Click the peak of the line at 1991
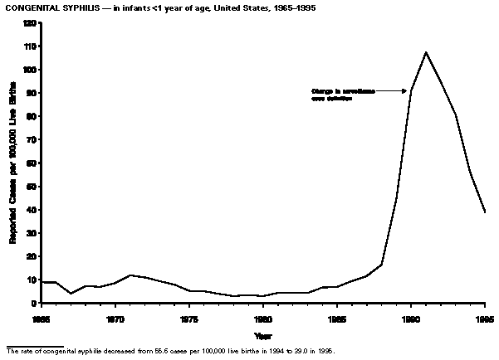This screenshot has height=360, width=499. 426,52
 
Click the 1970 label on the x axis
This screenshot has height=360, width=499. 115,317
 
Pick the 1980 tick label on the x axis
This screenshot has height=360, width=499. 262,317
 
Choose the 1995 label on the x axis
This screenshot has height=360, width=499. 485,317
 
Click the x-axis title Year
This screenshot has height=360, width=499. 262,336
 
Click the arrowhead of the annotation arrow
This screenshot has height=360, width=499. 406,91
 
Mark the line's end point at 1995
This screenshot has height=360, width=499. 486,212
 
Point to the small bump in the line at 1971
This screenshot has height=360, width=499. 130,275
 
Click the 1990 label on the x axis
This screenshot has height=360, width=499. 410,317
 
